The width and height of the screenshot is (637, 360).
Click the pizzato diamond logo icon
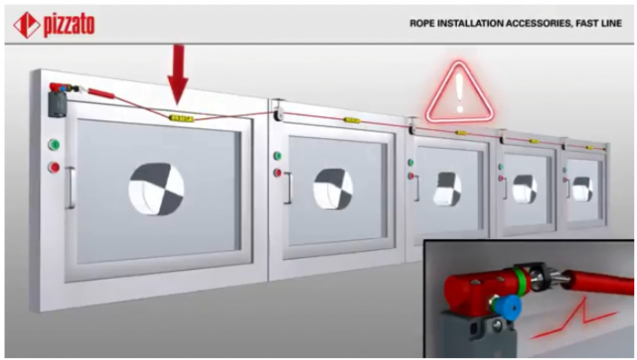pyautogui.click(x=27, y=25)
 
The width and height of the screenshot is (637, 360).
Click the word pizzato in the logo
pyautogui.click(x=69, y=25)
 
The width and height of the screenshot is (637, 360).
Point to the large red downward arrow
pyautogui.click(x=178, y=73)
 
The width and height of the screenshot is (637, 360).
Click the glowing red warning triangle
pyautogui.click(x=460, y=92)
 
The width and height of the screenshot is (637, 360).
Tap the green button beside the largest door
pyautogui.click(x=54, y=145)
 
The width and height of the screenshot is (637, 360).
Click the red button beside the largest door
pyautogui.click(x=54, y=166)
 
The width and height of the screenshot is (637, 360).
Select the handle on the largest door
pyautogui.click(x=70, y=187)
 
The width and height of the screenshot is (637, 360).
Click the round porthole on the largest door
pyautogui.click(x=156, y=189)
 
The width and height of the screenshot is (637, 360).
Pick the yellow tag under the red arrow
pyautogui.click(x=181, y=118)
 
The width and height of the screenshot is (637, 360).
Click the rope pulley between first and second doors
pyautogui.click(x=279, y=115)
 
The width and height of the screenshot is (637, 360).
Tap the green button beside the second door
pyautogui.click(x=277, y=155)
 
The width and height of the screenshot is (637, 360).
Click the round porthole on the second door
pyautogui.click(x=333, y=189)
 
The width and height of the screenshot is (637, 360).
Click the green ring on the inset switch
pyautogui.click(x=522, y=281)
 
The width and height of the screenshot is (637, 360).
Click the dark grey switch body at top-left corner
pyautogui.click(x=57, y=104)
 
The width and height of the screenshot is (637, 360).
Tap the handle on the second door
pyautogui.click(x=288, y=188)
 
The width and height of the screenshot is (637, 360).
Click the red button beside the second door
pyautogui.click(x=277, y=173)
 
